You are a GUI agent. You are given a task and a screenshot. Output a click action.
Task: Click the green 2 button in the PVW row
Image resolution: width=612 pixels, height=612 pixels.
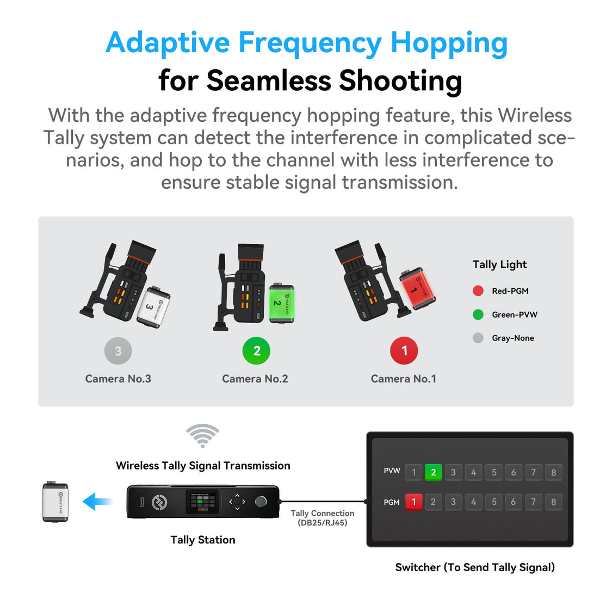click(x=433, y=472)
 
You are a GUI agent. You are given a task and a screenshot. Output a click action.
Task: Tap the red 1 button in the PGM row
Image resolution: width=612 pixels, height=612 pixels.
click(x=413, y=502)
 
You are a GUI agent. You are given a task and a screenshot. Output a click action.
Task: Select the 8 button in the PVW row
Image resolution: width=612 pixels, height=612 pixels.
click(x=553, y=472)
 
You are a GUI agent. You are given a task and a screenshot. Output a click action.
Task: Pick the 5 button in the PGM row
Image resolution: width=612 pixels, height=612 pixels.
click(x=493, y=502)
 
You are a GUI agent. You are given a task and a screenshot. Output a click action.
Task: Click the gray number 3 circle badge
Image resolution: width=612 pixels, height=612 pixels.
click(x=118, y=351)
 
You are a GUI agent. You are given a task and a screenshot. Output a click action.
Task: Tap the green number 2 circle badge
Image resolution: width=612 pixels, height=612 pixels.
click(x=256, y=351)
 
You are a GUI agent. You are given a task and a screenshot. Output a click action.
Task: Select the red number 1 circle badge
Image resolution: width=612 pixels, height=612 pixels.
click(x=404, y=351)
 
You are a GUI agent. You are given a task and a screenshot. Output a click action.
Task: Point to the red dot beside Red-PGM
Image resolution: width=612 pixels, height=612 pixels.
click(x=478, y=290)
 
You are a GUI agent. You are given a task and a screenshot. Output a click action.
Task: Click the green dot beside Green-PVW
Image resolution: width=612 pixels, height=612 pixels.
click(x=478, y=314)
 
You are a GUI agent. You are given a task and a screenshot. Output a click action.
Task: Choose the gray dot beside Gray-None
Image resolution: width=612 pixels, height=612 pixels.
click(x=478, y=338)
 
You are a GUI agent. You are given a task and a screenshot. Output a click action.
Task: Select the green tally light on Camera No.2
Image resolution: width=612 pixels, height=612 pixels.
click(x=281, y=303)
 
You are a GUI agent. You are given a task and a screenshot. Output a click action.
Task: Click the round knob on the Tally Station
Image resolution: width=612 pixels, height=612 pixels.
click(x=262, y=501)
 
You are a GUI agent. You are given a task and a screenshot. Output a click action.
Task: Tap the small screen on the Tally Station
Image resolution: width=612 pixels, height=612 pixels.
click(x=202, y=502)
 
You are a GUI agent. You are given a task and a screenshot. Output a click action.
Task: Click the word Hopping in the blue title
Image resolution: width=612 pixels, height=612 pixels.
click(x=449, y=43)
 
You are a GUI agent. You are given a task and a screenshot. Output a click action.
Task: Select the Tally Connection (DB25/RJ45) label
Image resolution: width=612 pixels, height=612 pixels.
click(x=322, y=518)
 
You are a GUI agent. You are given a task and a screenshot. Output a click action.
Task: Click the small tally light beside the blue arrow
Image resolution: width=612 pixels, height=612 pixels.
click(x=55, y=502)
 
